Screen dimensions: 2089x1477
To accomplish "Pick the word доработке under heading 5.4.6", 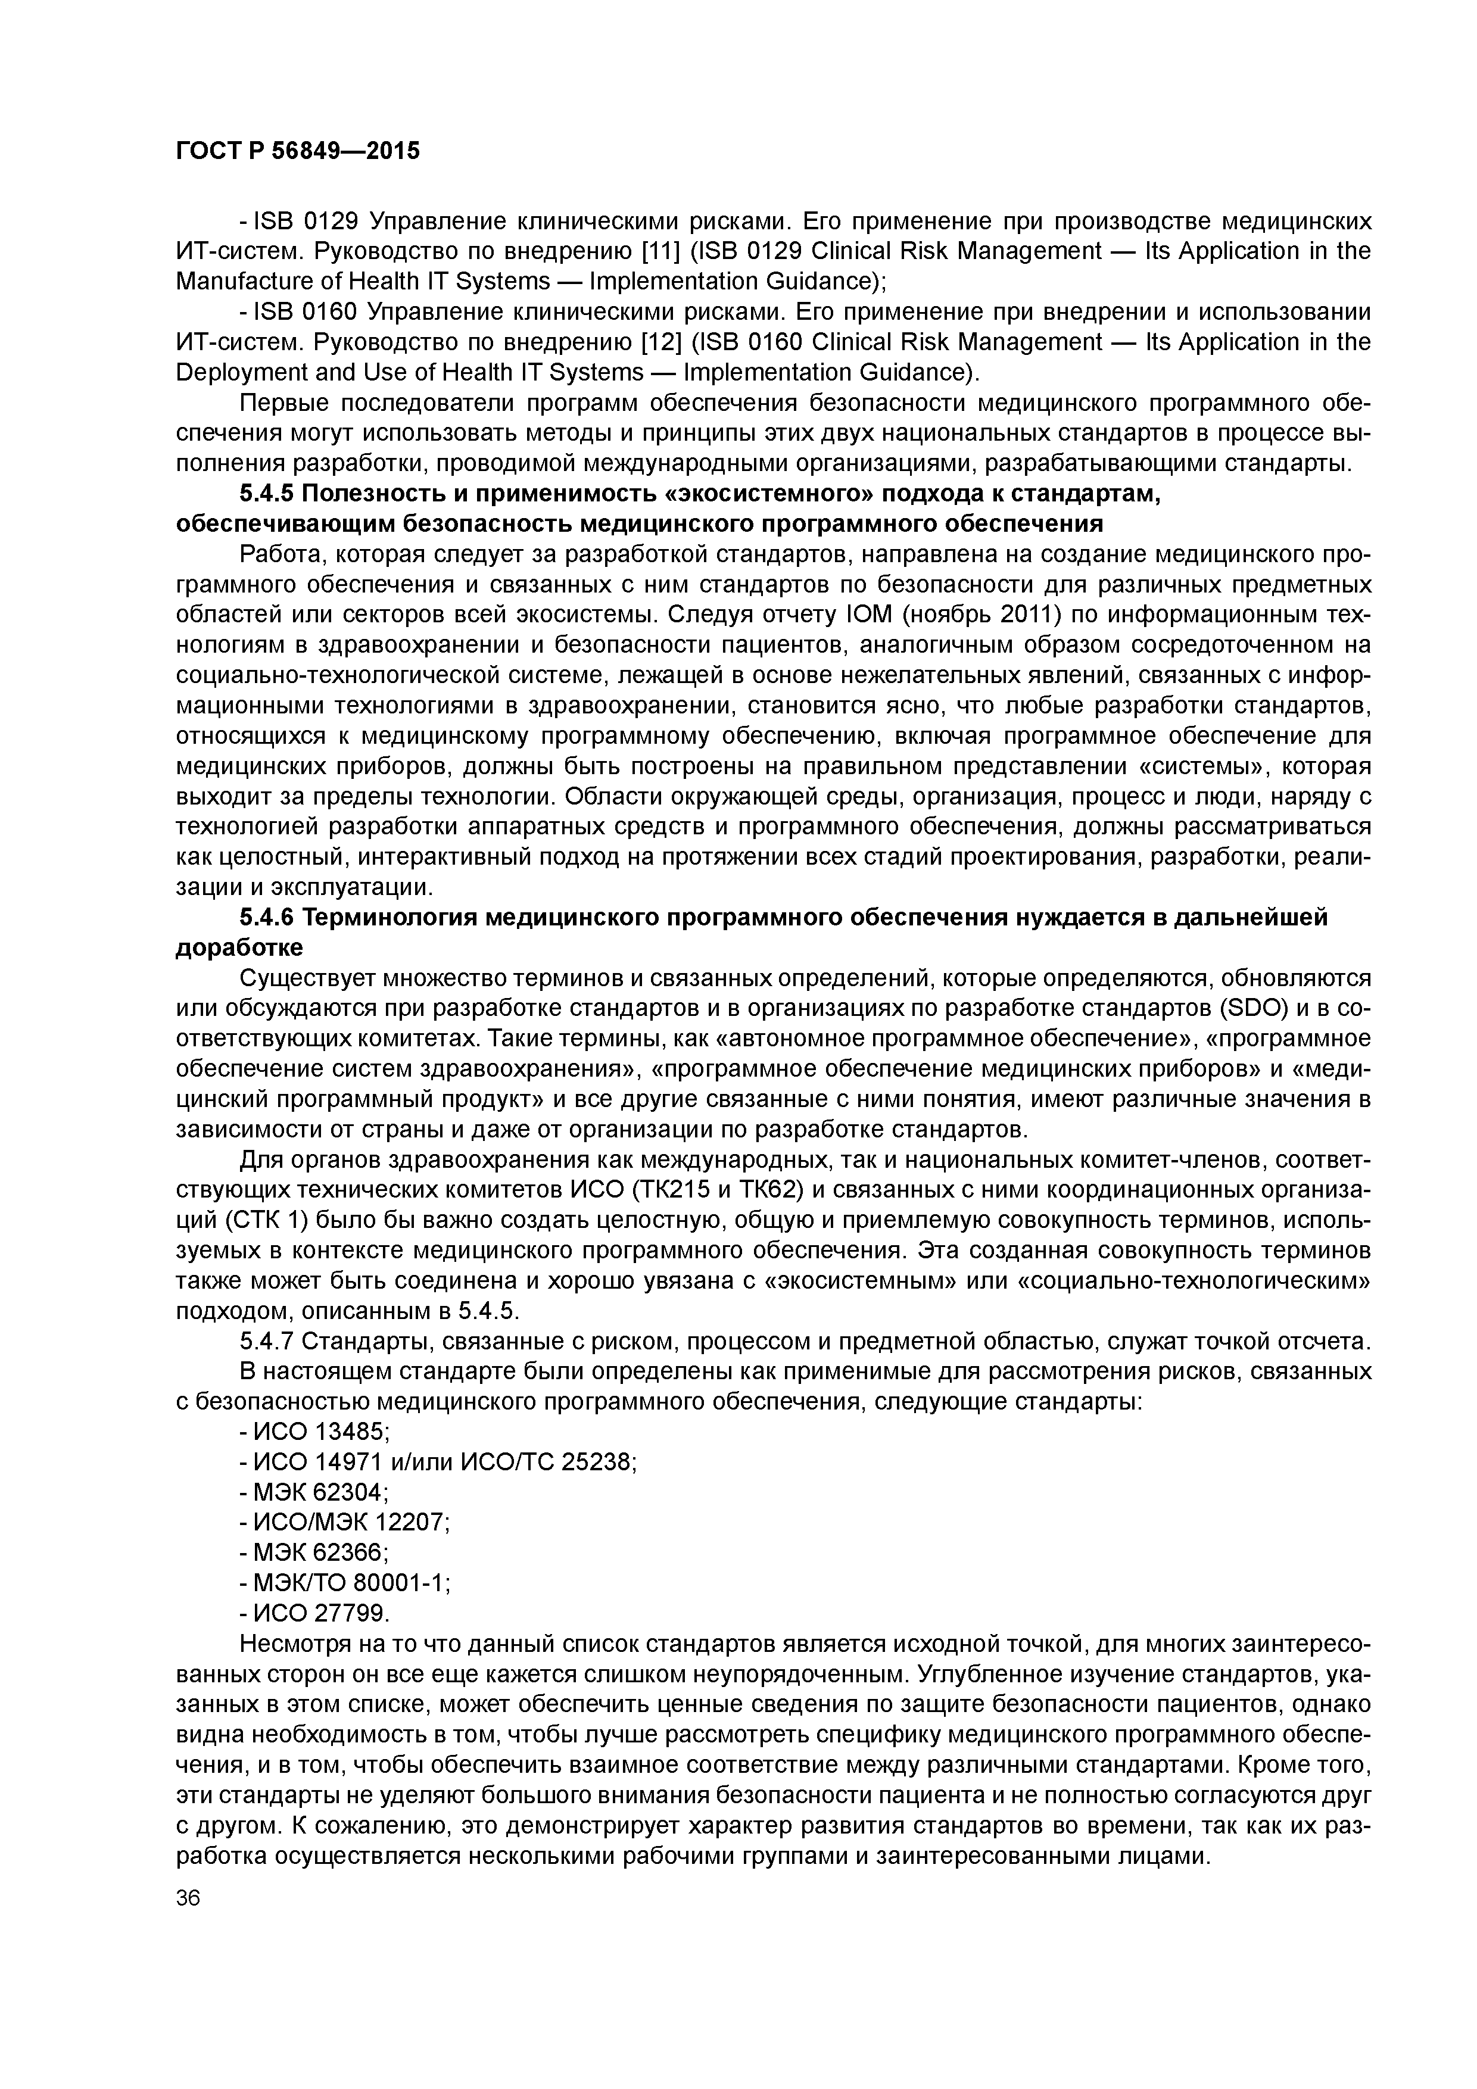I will (x=238, y=948).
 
